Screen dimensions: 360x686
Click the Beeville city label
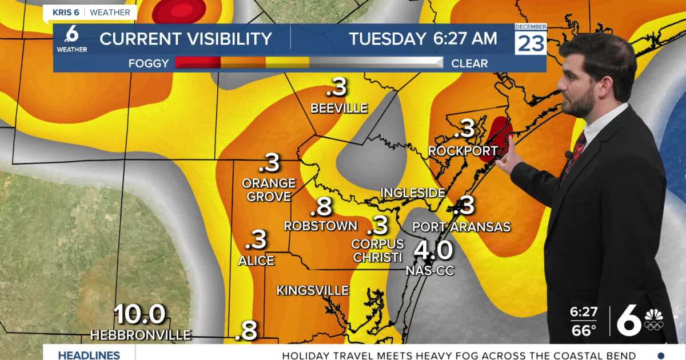coord(338,108)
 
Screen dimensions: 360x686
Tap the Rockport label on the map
coord(462,151)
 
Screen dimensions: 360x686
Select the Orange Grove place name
coord(269,190)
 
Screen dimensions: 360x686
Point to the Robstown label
coord(321,226)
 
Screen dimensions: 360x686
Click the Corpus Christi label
coord(377,251)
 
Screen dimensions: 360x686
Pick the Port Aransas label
coord(461,227)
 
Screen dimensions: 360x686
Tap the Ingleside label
coord(413,193)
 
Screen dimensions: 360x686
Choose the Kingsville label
coord(313,291)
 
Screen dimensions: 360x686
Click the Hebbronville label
coord(140,335)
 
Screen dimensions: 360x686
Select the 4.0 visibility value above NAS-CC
coord(433,250)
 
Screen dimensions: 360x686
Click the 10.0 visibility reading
coord(140,314)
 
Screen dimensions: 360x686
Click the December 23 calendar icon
coord(531,39)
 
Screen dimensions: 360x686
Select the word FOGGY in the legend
coord(149,63)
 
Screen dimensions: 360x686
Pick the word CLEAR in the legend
coord(469,63)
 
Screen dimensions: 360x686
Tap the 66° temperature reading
coord(583,330)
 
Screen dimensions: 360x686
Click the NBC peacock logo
coord(653,320)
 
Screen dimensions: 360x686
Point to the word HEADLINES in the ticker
coord(89,355)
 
